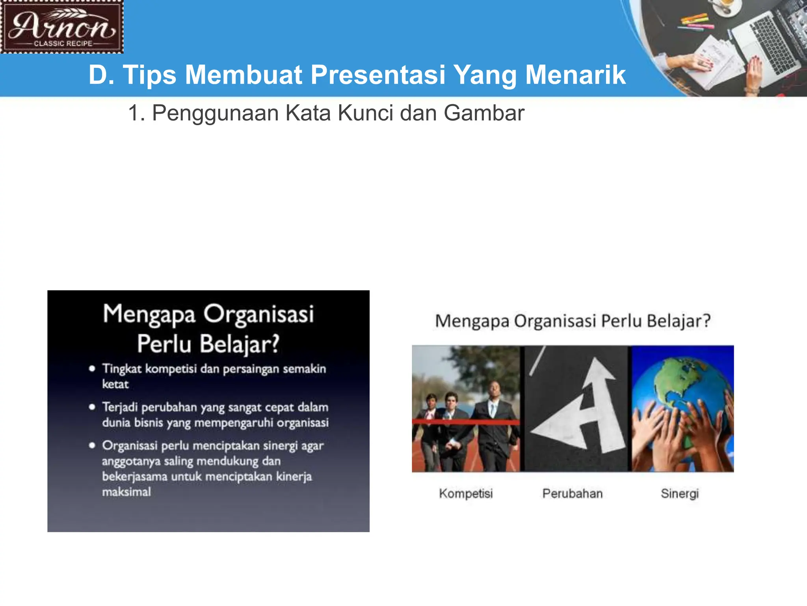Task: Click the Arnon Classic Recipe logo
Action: (62, 27)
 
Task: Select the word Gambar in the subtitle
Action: (484, 113)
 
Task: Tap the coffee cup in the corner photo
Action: (725, 5)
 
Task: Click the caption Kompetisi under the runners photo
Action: (466, 494)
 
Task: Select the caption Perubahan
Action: (572, 494)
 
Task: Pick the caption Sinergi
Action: (680, 494)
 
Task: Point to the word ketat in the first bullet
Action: (115, 384)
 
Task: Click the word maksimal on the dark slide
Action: (126, 492)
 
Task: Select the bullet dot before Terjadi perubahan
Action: (92, 407)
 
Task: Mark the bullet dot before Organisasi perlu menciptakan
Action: (92, 445)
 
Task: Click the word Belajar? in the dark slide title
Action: (240, 344)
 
